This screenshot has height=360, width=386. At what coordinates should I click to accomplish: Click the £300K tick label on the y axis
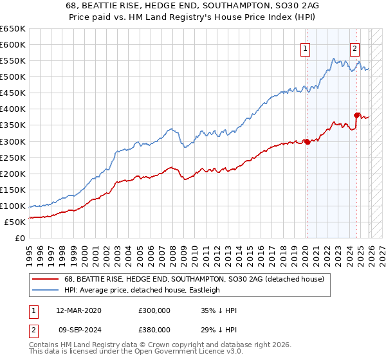pyautogui.click(x=13, y=141)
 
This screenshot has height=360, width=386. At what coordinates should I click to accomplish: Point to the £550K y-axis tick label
pyautogui.click(x=13, y=61)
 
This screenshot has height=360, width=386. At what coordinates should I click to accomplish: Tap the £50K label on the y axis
pyautogui.click(x=15, y=222)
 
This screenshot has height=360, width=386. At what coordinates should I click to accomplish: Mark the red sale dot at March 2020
pyautogui.click(x=307, y=141)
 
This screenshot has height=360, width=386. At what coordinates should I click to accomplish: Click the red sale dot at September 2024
pyautogui.click(x=356, y=116)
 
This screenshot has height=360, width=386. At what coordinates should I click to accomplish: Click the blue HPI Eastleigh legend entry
pyautogui.click(x=142, y=290)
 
